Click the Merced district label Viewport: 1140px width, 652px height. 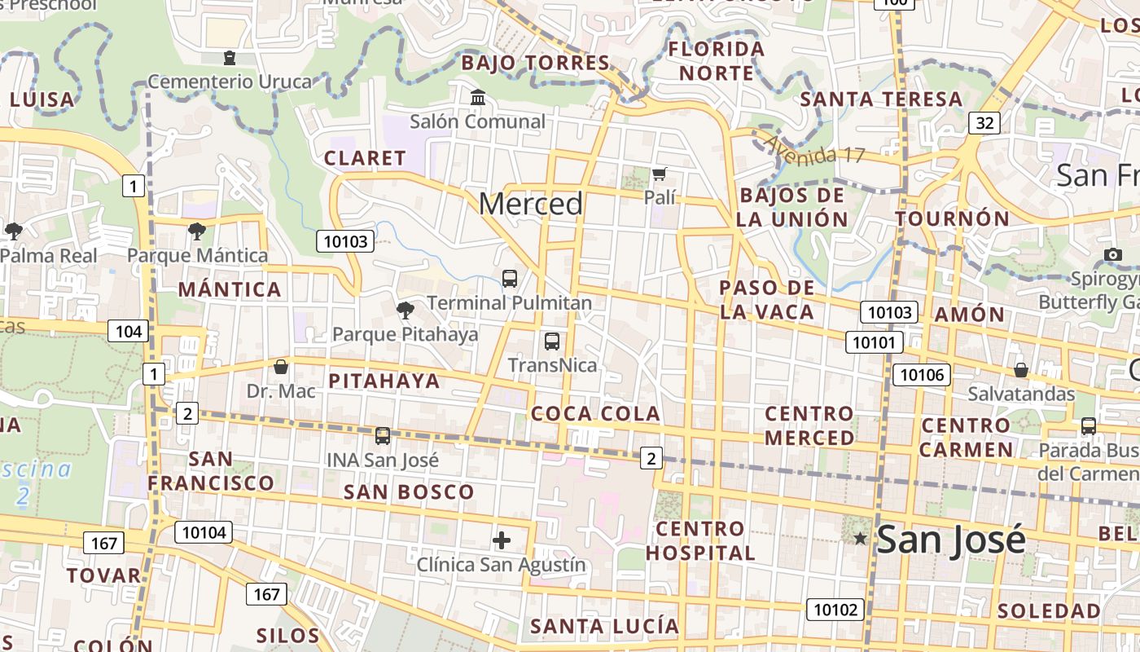pos(530,204)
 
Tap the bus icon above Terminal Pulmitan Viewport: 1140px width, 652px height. pos(510,279)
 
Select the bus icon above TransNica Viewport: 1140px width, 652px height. pos(552,341)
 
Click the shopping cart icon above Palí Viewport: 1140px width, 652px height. pos(660,174)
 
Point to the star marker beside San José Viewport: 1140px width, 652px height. pos(860,538)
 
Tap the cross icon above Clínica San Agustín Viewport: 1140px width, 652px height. pos(502,540)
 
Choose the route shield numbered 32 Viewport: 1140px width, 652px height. pos(984,123)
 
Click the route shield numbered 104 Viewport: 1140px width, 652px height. pos(129,331)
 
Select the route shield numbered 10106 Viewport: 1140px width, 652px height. pos(922,375)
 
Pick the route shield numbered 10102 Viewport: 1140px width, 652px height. pos(835,609)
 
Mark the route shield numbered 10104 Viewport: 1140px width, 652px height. pos(204,533)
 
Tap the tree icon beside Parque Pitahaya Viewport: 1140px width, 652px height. pos(405,310)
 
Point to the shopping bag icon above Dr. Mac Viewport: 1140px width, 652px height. pos(281,367)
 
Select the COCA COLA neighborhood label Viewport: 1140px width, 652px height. pos(595,414)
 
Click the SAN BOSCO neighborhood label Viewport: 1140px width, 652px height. pos(409,492)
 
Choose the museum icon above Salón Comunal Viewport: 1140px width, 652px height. pos(478,98)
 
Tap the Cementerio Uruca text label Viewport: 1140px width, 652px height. pos(230,81)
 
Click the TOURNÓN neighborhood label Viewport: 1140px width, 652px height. pos(953,219)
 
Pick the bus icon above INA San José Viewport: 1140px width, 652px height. pos(383,436)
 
